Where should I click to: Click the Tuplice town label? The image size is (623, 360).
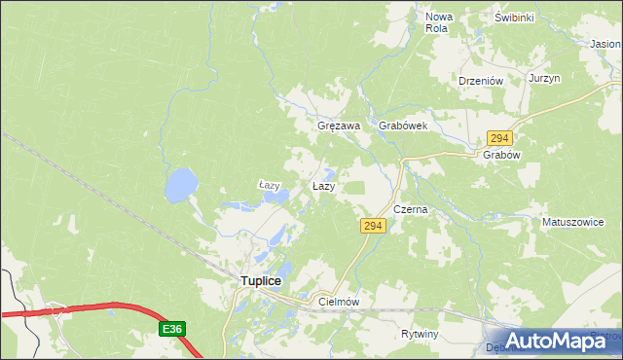260,281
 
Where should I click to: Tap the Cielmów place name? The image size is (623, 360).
340,303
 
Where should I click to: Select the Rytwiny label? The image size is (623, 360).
421,334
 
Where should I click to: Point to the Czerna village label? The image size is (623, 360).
411,209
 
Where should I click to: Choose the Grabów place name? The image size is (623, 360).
503,155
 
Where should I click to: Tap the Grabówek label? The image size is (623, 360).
403,126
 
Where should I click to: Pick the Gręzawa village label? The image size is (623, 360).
340,126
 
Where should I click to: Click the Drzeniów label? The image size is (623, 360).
479,82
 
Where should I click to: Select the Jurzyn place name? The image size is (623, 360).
544,78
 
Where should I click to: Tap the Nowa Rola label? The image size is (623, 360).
438,22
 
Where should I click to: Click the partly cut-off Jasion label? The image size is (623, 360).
605,44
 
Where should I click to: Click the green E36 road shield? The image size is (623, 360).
172,330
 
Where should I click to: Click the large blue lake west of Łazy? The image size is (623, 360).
180,184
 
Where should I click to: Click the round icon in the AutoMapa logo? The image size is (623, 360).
496,342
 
